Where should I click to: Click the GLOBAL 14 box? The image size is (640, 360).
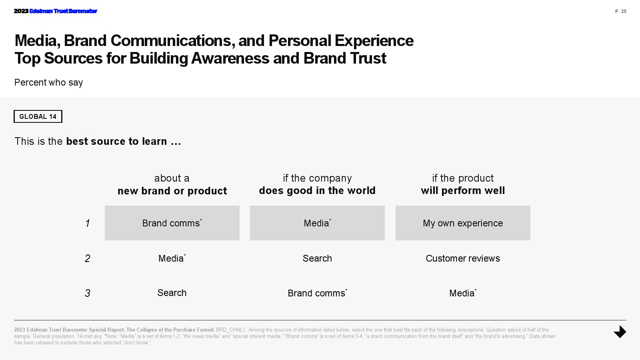38,116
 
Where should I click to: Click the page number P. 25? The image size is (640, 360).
620,11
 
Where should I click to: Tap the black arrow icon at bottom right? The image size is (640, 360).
620,332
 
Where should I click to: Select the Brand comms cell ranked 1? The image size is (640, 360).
172,223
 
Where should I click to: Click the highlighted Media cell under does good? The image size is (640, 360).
317,223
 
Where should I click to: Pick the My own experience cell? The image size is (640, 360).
463,223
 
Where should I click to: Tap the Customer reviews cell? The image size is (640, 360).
463,258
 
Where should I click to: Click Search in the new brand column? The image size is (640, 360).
172,293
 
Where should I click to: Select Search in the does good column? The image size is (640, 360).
317,258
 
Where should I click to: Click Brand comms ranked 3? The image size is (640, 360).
317,293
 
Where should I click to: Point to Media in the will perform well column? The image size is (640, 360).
463,293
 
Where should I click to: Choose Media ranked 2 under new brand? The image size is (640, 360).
172,258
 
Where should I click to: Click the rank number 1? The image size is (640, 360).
88,223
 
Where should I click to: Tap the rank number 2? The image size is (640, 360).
88,258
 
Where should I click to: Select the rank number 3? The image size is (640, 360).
88,293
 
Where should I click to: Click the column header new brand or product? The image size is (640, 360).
172,184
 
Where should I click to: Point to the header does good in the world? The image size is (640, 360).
317,184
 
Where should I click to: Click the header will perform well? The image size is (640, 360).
463,184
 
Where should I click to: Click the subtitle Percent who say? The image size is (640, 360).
48,82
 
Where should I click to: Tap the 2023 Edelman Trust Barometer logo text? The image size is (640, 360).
56,11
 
